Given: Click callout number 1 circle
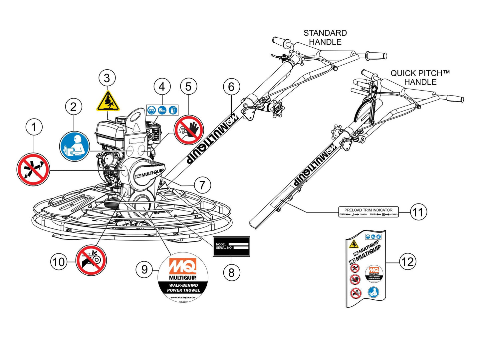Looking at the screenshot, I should [x=34, y=127].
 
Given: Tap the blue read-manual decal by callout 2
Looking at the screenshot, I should [x=75, y=147].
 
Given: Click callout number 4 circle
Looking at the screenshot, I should [x=162, y=87].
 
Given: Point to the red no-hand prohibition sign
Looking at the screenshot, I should [x=189, y=130].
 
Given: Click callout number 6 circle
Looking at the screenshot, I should [x=231, y=87].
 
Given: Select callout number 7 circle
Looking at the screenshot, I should [x=202, y=185].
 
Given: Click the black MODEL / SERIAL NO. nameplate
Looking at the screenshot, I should [x=231, y=246].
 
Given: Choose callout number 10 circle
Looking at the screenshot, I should [x=59, y=262].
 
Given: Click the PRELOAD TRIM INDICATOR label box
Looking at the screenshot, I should [x=368, y=212].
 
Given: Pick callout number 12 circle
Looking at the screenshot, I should [x=407, y=262].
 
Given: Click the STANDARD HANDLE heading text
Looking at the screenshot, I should [x=325, y=37].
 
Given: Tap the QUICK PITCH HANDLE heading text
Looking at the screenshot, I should [x=420, y=78].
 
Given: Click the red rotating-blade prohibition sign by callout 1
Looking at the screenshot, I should [x=33, y=169].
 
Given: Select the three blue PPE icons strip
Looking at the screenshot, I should [x=162, y=110].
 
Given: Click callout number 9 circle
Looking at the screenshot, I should [x=144, y=269].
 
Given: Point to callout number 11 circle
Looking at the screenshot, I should [x=418, y=212].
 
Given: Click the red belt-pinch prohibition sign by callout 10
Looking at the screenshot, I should [x=91, y=260].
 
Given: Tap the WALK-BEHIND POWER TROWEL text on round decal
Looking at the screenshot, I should [x=183, y=288].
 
